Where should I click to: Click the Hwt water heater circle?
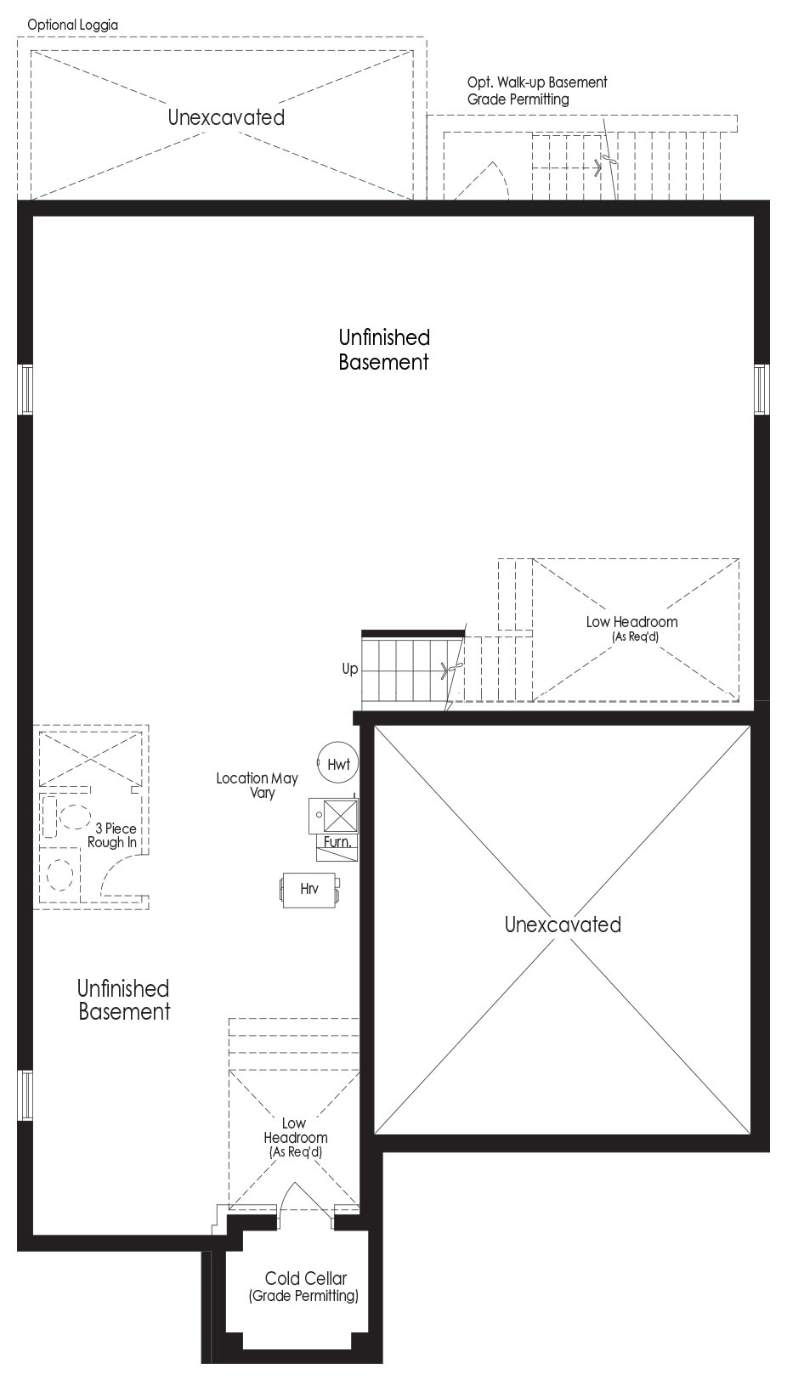[x=337, y=763]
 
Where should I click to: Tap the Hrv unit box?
[x=309, y=890]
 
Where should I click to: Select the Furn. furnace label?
[x=337, y=841]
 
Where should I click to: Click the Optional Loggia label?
[x=73, y=25]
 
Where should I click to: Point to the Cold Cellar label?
[x=306, y=1278]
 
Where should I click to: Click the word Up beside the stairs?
[x=350, y=670]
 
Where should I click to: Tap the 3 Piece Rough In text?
[x=112, y=835]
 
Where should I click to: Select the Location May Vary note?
[x=257, y=785]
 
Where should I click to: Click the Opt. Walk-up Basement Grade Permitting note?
[x=537, y=91]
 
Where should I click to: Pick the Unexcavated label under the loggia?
[x=226, y=117]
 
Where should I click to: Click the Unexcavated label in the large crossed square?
[x=563, y=925]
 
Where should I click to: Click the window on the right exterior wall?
[x=762, y=389]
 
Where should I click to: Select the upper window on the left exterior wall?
[x=25, y=389]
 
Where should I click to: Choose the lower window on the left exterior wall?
[x=25, y=1095]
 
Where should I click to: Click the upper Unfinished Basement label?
[x=384, y=349]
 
